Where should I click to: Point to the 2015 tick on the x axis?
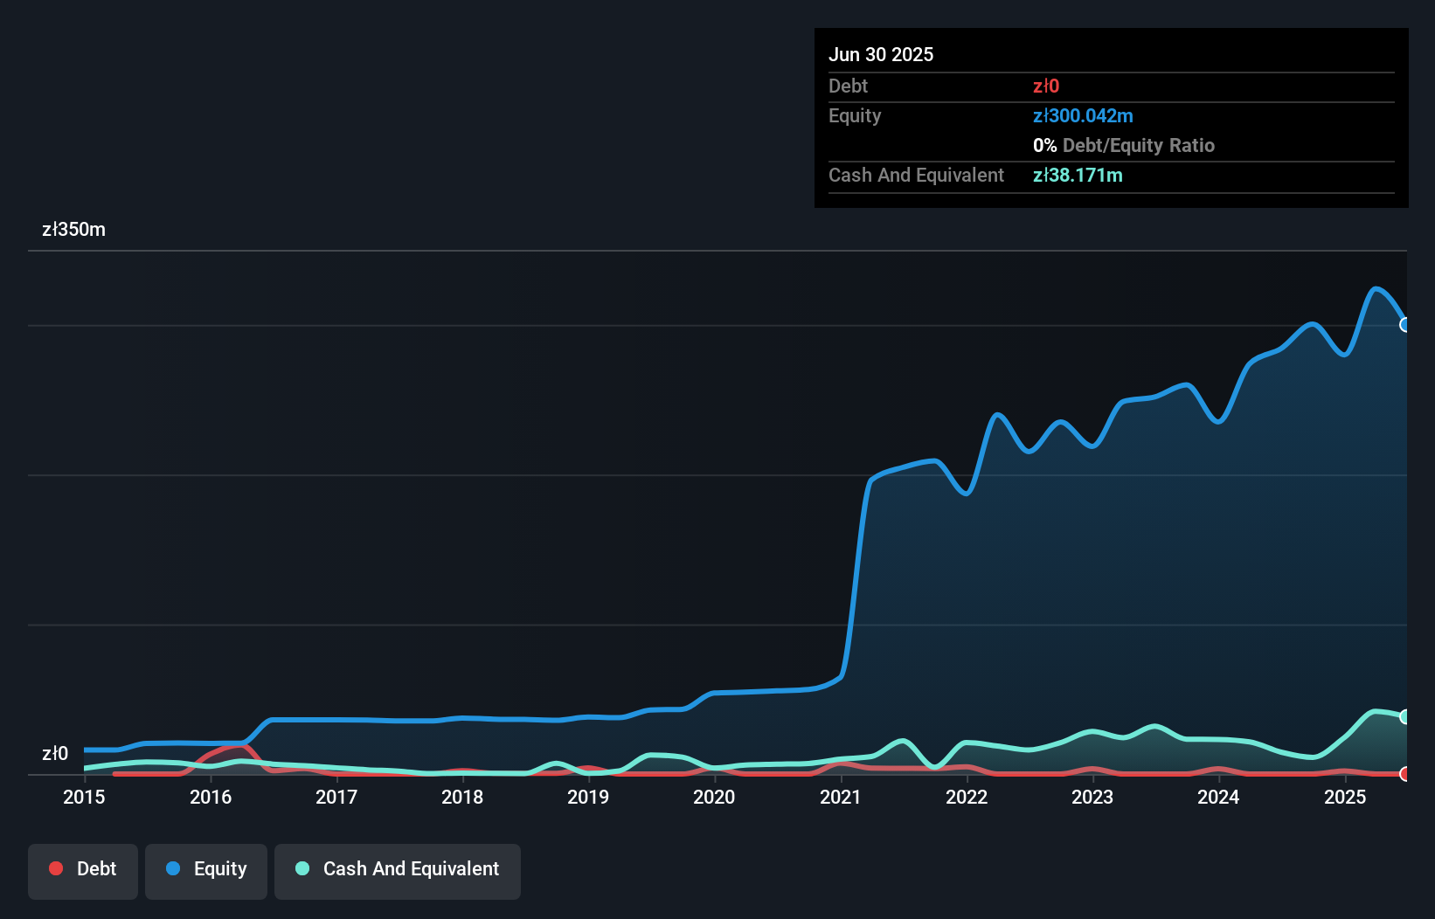[x=84, y=797]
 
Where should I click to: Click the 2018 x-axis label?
[x=462, y=797]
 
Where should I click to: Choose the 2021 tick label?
[x=840, y=797]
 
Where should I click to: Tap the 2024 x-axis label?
[x=1218, y=797]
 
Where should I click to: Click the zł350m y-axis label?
[x=73, y=230]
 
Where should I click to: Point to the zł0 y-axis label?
[x=54, y=754]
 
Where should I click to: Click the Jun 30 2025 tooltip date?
[x=881, y=55]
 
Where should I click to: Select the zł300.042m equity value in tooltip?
[x=1083, y=116]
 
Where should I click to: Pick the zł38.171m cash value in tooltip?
[x=1078, y=176]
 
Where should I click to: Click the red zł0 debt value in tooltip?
[x=1046, y=86]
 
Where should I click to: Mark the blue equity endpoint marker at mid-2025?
[x=1405, y=325]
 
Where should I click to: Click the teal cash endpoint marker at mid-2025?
[x=1405, y=716]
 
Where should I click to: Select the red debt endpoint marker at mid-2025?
[x=1405, y=773]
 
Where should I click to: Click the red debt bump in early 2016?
[x=234, y=747]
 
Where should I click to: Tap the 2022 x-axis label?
[x=967, y=797]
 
